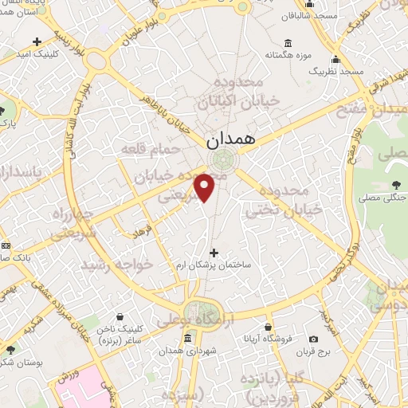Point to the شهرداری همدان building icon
187,339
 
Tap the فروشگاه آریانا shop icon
268,327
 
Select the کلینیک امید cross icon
37,41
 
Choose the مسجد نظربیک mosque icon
336,59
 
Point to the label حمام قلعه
143,147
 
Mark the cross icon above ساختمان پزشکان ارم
212,252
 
